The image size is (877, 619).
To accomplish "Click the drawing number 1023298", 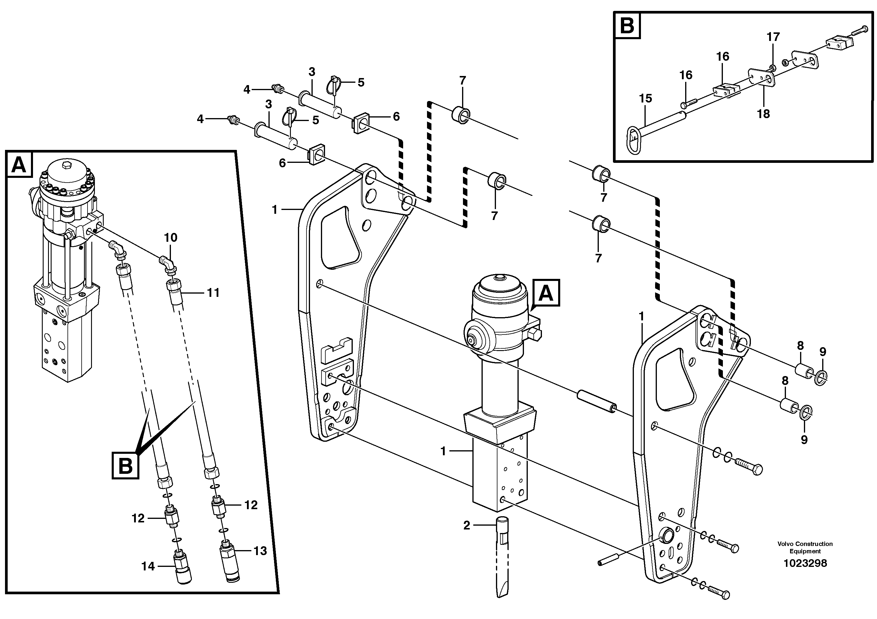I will point(805,563).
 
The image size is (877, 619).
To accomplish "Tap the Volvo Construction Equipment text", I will point(805,547).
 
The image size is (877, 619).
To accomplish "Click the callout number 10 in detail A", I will point(170,238).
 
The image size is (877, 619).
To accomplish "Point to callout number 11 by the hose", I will point(213,293).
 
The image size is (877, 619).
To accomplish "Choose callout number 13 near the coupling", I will point(260,551).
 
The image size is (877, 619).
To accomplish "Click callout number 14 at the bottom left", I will point(148,566).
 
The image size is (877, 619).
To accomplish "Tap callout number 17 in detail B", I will point(773,37).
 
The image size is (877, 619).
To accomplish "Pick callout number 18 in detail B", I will point(763,114).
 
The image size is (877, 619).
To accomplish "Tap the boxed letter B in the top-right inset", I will point(627,25).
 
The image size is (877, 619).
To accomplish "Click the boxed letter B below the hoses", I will point(125,466).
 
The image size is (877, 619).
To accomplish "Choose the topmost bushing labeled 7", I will point(461,115).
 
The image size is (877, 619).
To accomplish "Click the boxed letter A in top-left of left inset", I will point(19,165).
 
